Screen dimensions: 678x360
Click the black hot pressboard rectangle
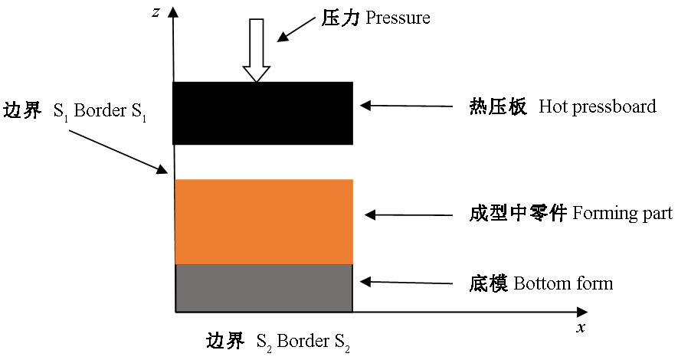coord(263,113)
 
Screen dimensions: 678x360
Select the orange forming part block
coord(264,221)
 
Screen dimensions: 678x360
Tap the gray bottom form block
coord(264,288)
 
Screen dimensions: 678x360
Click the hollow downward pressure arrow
coord(257,50)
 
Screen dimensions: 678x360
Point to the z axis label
coord(156,12)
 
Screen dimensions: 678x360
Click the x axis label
coord(581,327)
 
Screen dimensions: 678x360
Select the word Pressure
coord(398,18)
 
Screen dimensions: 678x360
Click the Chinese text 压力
coord(340,18)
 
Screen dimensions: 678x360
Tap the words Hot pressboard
coord(598,106)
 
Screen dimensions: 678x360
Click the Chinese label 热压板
coord(498,106)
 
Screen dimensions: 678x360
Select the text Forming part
coord(623,213)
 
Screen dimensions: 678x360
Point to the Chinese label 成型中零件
coord(518,214)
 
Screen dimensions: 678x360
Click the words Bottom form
coord(563,283)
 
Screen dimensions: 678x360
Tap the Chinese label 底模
coord(489,283)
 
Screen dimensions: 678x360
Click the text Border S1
coord(110,112)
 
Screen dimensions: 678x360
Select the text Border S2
coord(313,342)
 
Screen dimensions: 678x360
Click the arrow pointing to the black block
coord(407,106)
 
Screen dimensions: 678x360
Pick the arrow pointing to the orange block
coord(408,214)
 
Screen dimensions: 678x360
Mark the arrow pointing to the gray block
coord(407,283)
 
